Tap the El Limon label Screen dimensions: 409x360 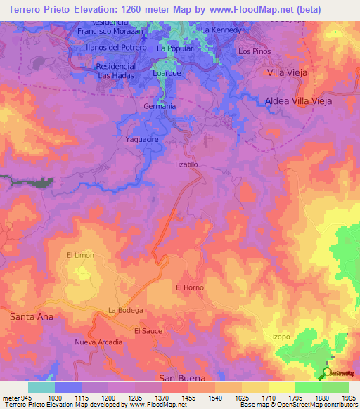pos(80,255)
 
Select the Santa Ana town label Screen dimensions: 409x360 pos(32,317)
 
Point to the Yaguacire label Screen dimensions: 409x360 pos(142,140)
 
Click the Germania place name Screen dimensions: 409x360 pos(159,106)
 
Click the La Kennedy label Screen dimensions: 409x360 pos(221,31)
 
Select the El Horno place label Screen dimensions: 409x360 pos(188,287)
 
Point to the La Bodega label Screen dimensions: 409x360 pos(126,310)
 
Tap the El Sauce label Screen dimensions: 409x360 pos(148,330)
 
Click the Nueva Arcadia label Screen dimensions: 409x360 pos(98,342)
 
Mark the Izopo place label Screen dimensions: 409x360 pos(281,337)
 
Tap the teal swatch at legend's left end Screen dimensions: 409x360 pos(41,387)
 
